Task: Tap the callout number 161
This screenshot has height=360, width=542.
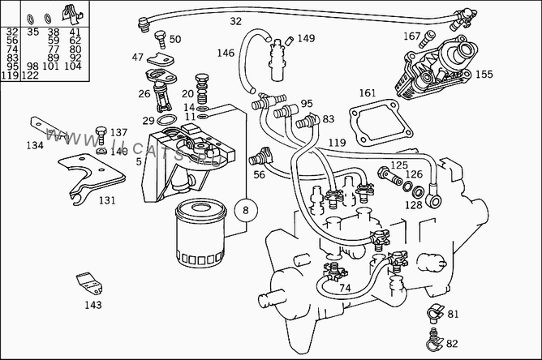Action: point(368,93)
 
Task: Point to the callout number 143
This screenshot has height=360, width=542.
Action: point(93,305)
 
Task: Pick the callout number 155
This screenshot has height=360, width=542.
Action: point(484,74)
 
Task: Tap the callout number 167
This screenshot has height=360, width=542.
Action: point(412,36)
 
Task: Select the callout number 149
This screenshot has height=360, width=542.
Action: point(305,38)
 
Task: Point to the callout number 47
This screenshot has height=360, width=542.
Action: point(138,57)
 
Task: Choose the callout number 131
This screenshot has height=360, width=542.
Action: point(107,199)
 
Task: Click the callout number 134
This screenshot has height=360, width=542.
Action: point(34,146)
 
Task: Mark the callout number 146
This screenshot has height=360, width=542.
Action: point(226,54)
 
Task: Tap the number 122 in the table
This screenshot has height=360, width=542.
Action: point(31,75)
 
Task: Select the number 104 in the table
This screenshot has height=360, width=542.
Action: point(74,66)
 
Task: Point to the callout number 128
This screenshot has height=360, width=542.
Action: point(413,205)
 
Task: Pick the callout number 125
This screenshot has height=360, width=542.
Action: point(398,166)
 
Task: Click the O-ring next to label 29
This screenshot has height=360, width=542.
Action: point(165,121)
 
